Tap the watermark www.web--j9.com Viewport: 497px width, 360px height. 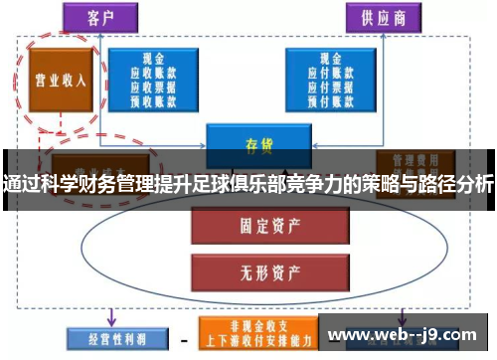coord(405,334)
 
